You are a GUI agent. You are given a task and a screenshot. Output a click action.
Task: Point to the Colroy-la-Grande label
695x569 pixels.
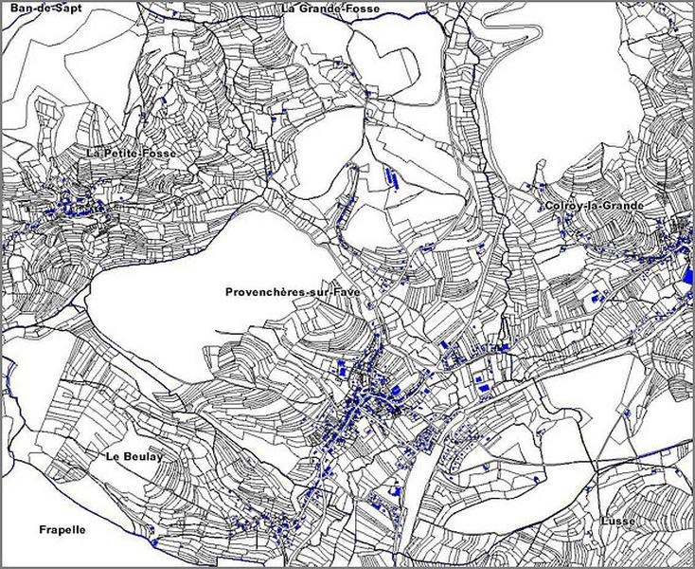[x=595, y=206]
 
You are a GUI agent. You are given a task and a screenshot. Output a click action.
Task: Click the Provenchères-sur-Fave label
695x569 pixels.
[x=293, y=293]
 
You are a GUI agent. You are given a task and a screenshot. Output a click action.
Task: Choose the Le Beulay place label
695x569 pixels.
[x=134, y=456]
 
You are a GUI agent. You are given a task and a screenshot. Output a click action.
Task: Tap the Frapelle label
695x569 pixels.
[x=62, y=529]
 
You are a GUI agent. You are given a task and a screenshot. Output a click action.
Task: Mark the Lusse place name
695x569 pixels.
[x=616, y=522]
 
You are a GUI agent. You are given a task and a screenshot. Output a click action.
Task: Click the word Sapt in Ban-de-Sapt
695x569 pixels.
[x=59, y=8]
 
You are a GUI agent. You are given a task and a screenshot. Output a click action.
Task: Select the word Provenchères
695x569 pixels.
[x=264, y=293]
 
